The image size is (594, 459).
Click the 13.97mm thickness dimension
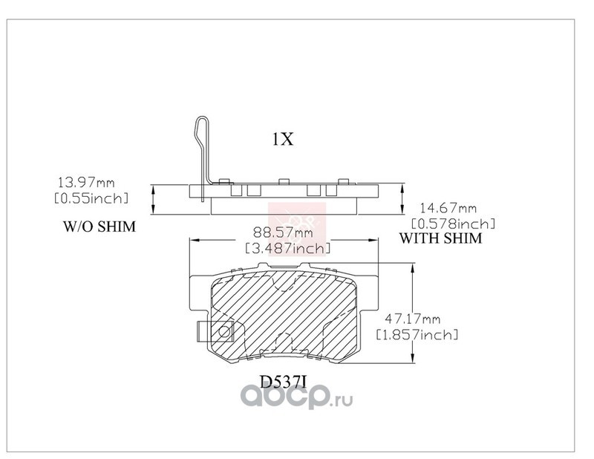(x=86, y=183)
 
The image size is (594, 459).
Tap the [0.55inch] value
(x=91, y=198)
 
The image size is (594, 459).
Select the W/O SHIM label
(x=99, y=227)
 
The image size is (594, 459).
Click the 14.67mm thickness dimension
(x=448, y=208)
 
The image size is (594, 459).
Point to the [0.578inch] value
(x=454, y=224)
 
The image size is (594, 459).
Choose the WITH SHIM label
(x=441, y=238)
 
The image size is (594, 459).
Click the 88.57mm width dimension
(x=284, y=232)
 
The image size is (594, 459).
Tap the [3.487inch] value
(x=288, y=248)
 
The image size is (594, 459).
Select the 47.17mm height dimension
(x=413, y=319)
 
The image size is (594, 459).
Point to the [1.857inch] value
(x=417, y=335)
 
